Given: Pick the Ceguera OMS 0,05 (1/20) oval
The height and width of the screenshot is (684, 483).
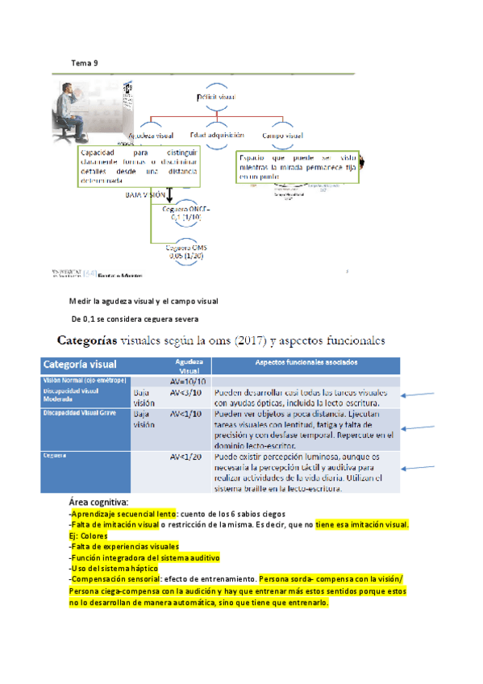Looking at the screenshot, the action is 185,251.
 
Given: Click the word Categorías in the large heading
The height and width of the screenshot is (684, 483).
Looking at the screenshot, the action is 99,341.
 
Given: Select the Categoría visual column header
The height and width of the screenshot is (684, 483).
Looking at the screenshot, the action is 80,363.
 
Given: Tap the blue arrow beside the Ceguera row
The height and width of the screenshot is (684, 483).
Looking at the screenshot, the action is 421,469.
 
